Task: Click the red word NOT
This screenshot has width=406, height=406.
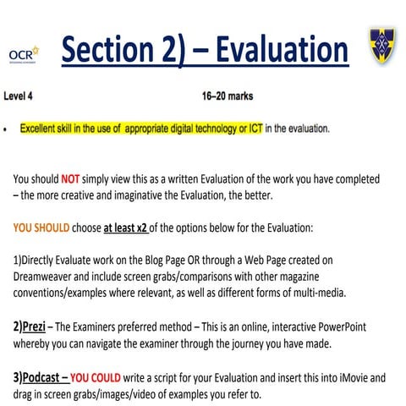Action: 72,179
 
